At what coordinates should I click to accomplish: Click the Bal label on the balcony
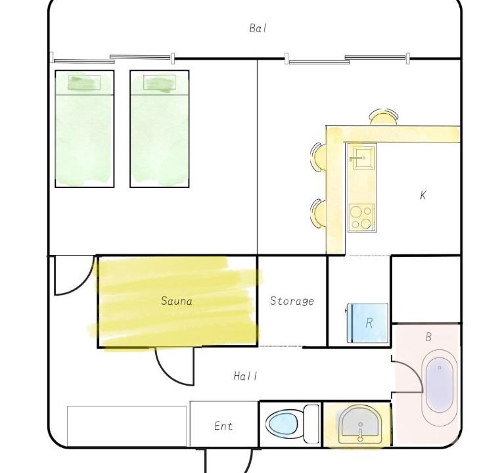[x=258, y=28]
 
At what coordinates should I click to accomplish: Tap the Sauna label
[x=177, y=301]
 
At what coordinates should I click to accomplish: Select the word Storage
[x=292, y=301]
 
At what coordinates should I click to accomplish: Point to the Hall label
[x=246, y=376]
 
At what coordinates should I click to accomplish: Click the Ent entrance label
[x=223, y=426]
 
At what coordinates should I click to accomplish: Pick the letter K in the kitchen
[x=423, y=195]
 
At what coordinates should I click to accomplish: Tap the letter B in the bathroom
[x=428, y=336]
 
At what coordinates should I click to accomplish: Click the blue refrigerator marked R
[x=368, y=323]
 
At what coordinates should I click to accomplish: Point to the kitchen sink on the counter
[x=363, y=158]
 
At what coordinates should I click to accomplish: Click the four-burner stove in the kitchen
[x=362, y=217]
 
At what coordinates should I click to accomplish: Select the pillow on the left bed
[x=85, y=82]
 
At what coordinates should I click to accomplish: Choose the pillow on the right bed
[x=160, y=83]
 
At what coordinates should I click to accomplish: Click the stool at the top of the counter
[x=384, y=117]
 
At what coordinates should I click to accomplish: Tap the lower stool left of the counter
[x=318, y=213]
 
